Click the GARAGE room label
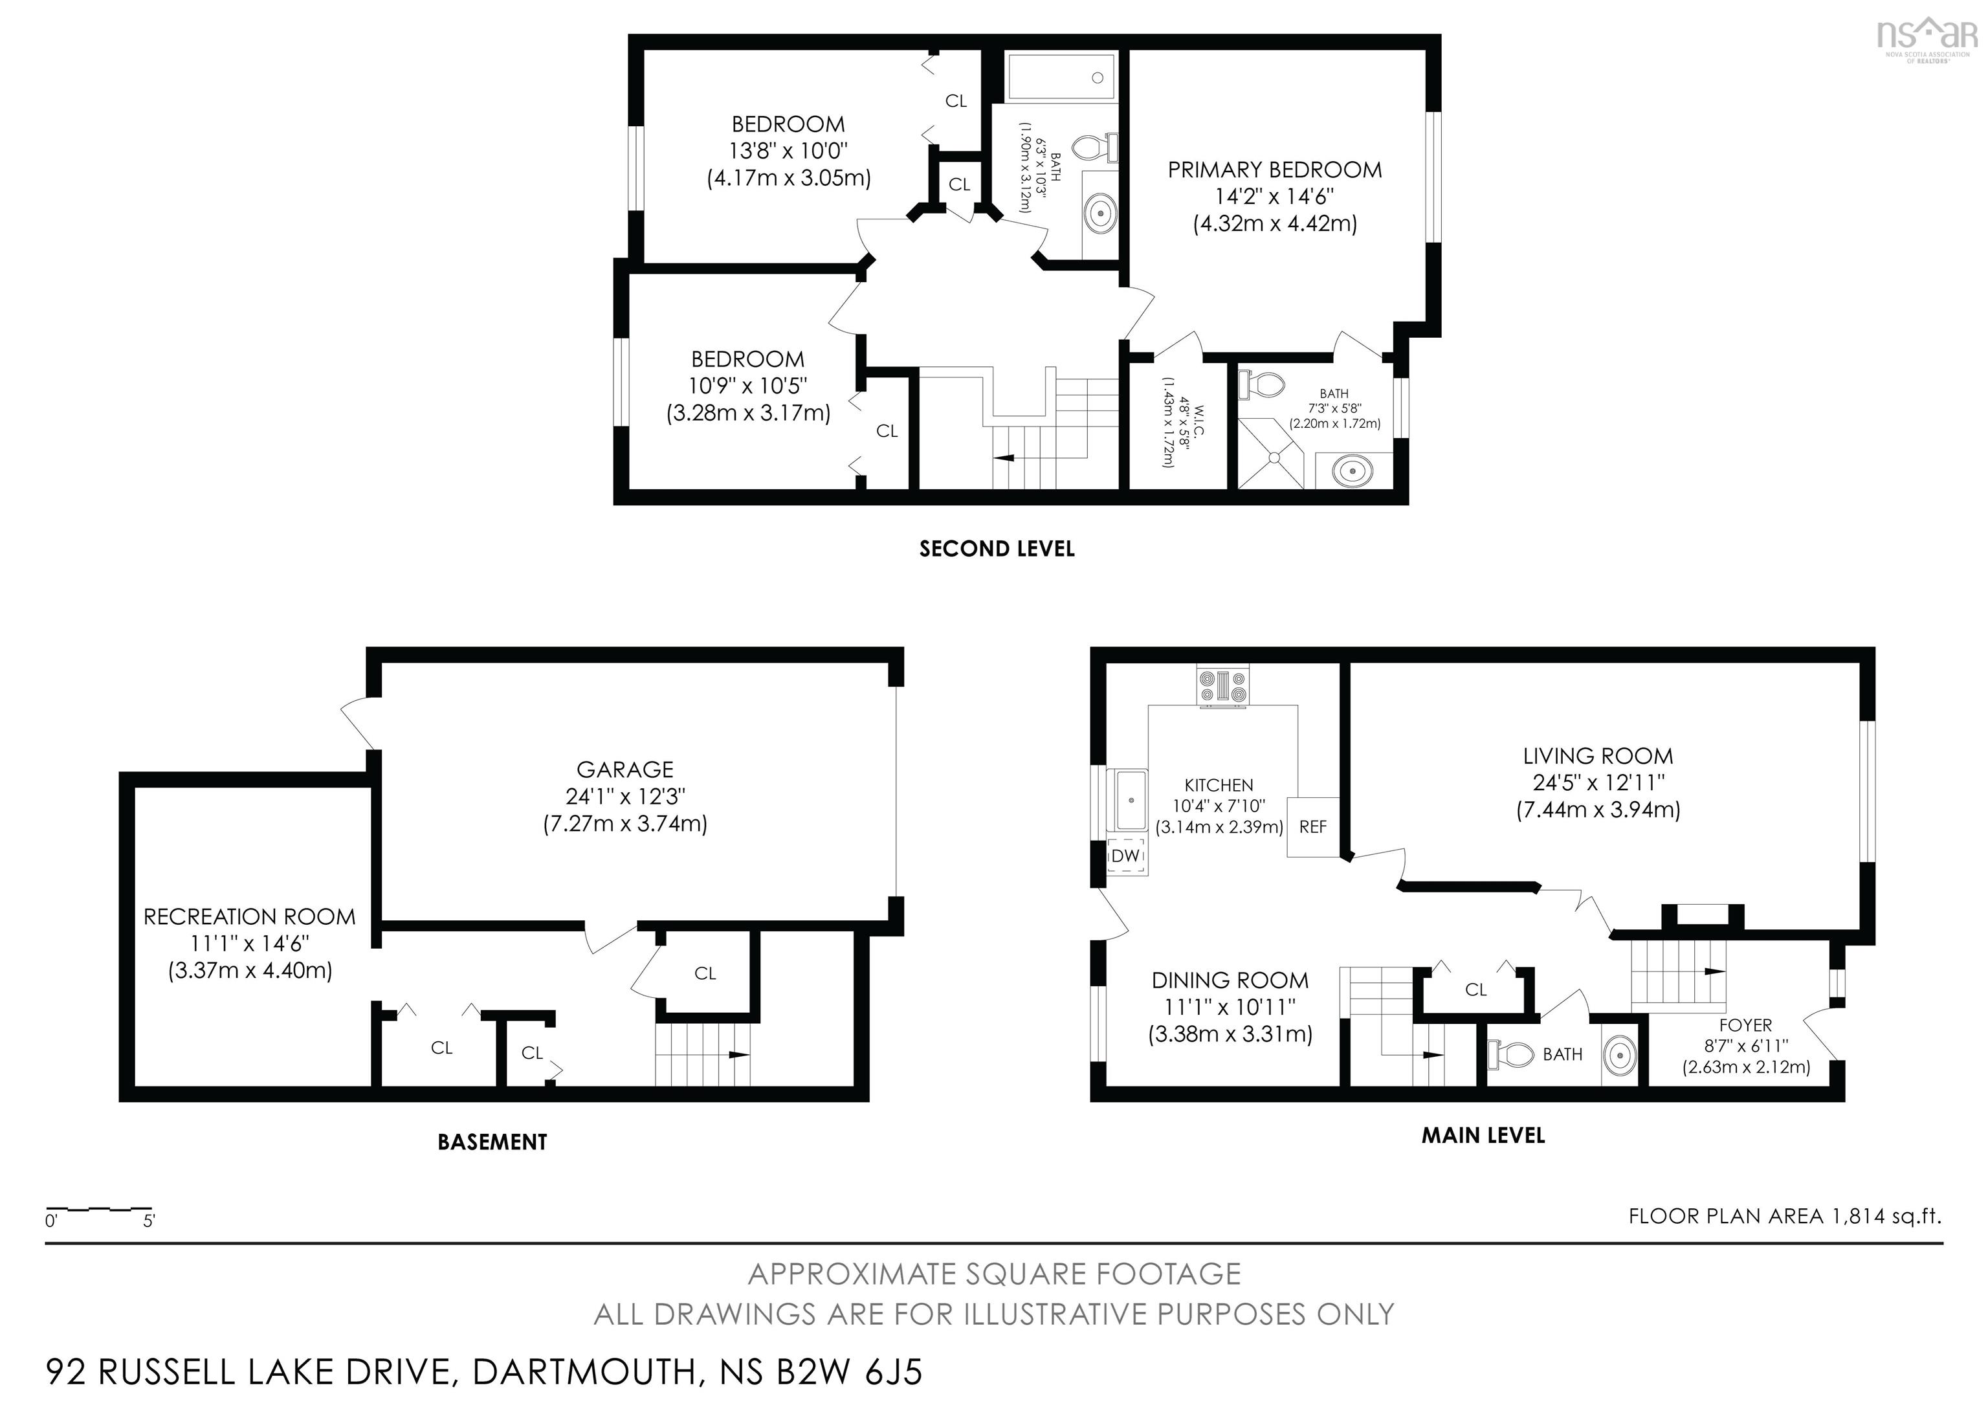pos(624,769)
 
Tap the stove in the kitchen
pos(1222,687)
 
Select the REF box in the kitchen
pos(1312,826)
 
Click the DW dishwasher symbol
pos(1125,856)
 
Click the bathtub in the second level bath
pos(1061,77)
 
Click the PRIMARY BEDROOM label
pos(1275,170)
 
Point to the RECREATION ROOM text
pos(249,917)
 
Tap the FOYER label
pos(1745,1025)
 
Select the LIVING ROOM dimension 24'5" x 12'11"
pos(1598,782)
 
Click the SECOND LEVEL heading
pos(997,549)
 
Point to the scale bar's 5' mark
pos(149,1221)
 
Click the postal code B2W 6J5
pos(850,1372)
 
